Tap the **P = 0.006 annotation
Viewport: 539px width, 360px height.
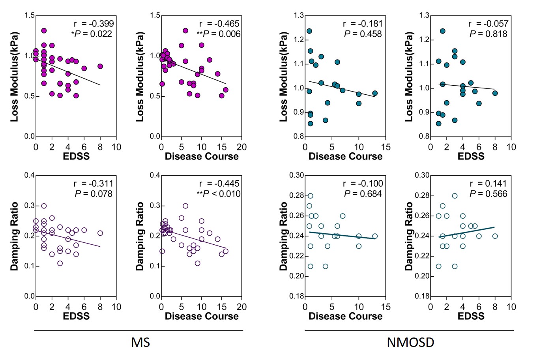click(218, 34)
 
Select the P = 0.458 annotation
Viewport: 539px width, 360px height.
click(363, 34)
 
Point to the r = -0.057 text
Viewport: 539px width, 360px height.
click(488, 24)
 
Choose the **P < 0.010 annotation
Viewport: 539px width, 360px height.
click(218, 194)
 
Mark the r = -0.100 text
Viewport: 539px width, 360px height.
click(363, 184)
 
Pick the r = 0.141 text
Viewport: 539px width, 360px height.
click(488, 184)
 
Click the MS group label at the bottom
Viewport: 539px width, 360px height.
click(140, 342)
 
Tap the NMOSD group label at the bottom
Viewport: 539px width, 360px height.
click(410, 342)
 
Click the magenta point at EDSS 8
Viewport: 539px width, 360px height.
click(100, 66)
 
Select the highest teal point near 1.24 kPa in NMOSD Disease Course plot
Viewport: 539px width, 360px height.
click(309, 31)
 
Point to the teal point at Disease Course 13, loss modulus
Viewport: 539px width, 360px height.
click(375, 94)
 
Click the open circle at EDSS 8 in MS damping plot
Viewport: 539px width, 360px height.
click(100, 233)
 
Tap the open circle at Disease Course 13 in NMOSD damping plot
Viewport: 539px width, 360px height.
click(375, 236)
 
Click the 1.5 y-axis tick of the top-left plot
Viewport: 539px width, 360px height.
click(30, 16)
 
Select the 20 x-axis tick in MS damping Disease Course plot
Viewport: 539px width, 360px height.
click(241, 307)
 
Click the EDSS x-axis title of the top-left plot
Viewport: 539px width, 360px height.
click(76, 156)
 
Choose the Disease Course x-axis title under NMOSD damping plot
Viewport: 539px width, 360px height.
click(345, 316)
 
